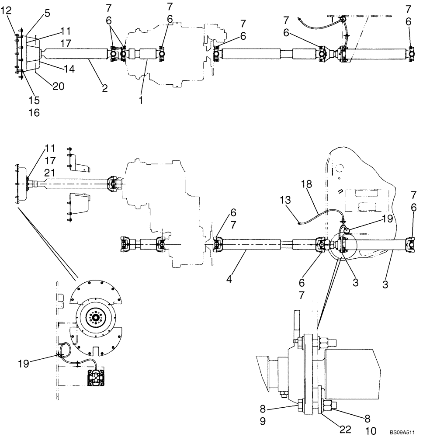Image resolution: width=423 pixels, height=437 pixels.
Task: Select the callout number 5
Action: pos(47,14)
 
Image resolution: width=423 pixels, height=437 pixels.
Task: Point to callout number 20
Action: pos(58,87)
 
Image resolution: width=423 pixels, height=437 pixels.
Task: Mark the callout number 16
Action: pos(34,113)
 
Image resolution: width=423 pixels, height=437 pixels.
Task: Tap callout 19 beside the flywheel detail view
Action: pos(24,362)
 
